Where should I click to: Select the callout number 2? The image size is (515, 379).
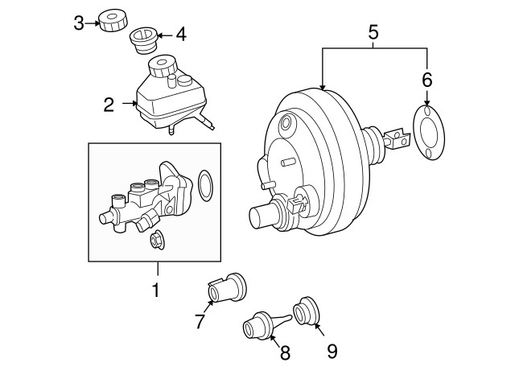(109, 103)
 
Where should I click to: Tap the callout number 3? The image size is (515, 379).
(78, 23)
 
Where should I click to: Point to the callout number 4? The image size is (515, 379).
(181, 35)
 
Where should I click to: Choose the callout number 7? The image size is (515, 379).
(200, 322)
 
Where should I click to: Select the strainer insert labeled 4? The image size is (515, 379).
(143, 39)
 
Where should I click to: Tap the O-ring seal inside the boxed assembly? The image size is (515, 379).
(205, 183)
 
